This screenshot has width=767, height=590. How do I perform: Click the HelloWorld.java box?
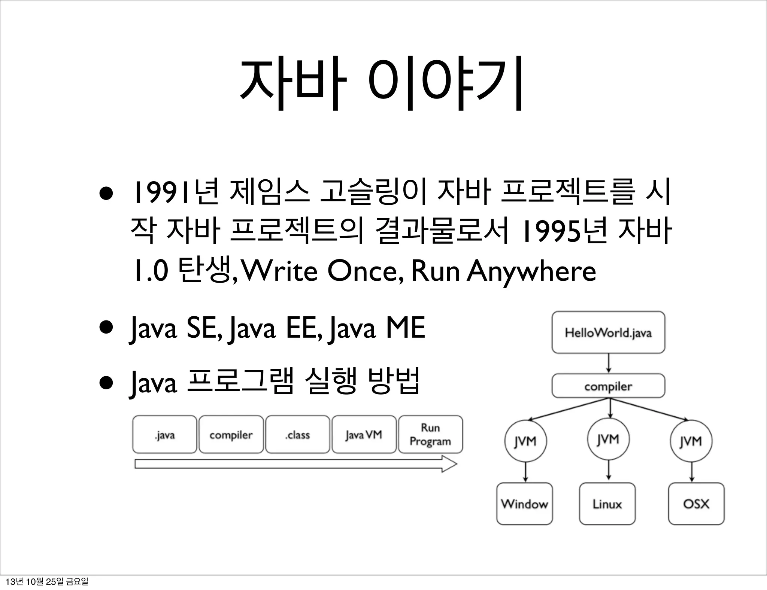(x=608, y=332)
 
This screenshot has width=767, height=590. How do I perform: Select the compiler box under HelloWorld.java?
(x=608, y=386)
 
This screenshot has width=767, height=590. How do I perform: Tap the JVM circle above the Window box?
(x=525, y=441)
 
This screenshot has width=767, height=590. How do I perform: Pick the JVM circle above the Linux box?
(x=608, y=439)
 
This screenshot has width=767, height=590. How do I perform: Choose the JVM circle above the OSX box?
(x=691, y=441)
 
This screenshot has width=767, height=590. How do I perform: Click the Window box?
(x=524, y=504)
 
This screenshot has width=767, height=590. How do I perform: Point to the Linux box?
(x=607, y=504)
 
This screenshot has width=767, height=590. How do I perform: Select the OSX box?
(x=696, y=504)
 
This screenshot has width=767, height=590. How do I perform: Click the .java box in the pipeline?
(x=164, y=435)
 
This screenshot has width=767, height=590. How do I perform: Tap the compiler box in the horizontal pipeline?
(x=231, y=435)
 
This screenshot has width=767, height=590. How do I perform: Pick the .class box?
(x=297, y=435)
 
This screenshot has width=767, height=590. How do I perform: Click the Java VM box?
(x=364, y=435)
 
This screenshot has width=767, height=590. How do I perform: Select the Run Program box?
(x=430, y=435)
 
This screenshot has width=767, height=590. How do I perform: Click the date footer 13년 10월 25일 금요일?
(x=47, y=582)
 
